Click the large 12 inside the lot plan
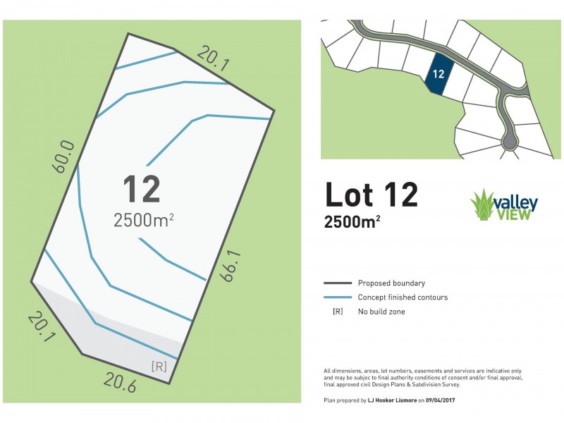pos(142,190)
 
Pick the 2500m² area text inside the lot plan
pos(144,220)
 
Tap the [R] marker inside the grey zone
pos(159,366)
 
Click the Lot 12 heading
pos(371,195)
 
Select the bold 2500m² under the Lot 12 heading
pos(352,222)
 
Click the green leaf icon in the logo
pos(482,204)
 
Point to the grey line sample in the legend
pos(337,283)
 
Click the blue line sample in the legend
pos(337,298)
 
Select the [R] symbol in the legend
pos(337,311)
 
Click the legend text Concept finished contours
pos(403,298)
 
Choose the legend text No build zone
pos(381,311)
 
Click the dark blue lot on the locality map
pos(436,74)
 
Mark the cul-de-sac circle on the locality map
pos(509,143)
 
